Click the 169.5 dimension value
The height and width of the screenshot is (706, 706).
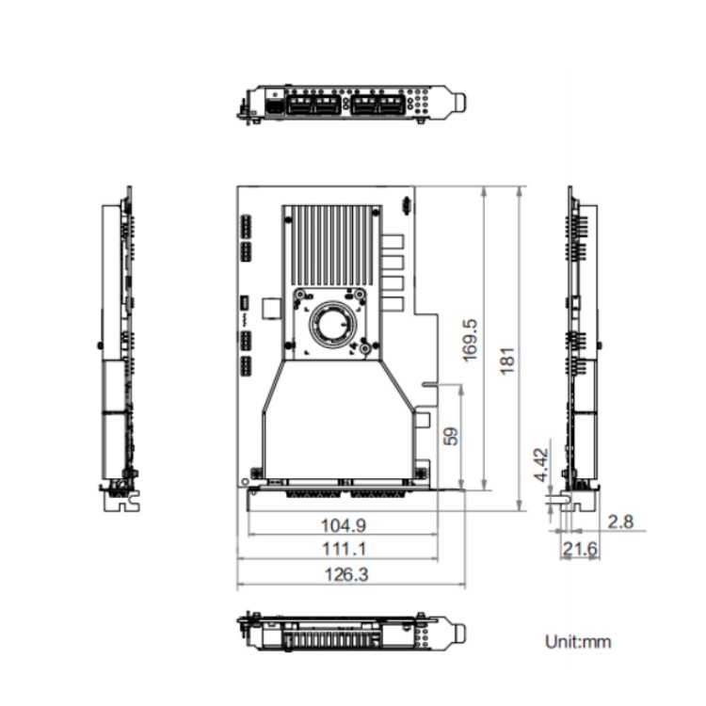470,340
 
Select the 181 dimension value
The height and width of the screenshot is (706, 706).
507,361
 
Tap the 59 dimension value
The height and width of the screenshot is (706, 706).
451,436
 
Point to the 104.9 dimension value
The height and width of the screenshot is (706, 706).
343,525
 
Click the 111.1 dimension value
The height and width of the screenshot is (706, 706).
344,549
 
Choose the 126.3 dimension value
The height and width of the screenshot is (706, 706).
346,574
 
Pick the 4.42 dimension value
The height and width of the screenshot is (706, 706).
542,465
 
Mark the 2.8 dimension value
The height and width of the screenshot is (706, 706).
620,521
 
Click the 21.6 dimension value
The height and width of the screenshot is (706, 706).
580,549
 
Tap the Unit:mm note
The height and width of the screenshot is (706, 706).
578,642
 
